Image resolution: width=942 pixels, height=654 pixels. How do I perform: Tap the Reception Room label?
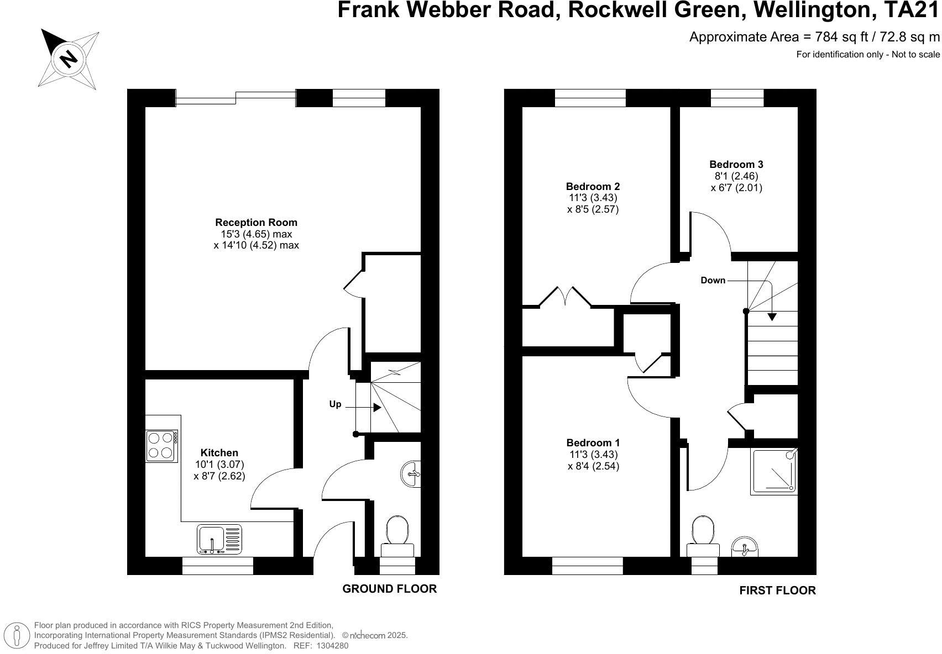256,223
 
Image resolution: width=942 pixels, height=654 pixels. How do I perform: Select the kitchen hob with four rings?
161,446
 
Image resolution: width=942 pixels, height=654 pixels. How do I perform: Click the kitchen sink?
219,539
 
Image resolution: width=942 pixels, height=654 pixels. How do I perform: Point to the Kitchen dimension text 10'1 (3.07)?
219,465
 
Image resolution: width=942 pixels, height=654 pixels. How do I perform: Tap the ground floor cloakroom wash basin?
411,473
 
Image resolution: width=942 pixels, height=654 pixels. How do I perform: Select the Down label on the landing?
713,281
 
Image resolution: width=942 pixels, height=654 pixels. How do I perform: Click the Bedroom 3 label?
736,164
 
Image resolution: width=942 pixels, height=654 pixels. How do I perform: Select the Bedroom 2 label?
593,186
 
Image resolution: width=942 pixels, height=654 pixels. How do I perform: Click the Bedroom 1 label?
593,443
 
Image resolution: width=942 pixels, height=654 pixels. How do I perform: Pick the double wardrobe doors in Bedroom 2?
565,297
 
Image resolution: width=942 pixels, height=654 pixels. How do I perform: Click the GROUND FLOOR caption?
389,589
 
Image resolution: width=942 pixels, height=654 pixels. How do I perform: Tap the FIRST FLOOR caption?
777,590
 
